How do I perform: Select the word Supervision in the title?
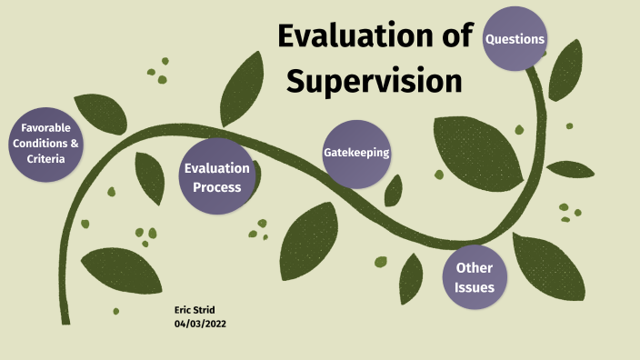point(374,80)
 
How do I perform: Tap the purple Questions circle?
point(515,39)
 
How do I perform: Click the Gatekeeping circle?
point(356,153)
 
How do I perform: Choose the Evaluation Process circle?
point(216,177)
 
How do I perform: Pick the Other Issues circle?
point(475,277)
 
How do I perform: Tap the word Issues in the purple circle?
point(475,287)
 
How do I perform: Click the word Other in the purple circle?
point(475,267)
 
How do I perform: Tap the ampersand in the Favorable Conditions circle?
point(75,144)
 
